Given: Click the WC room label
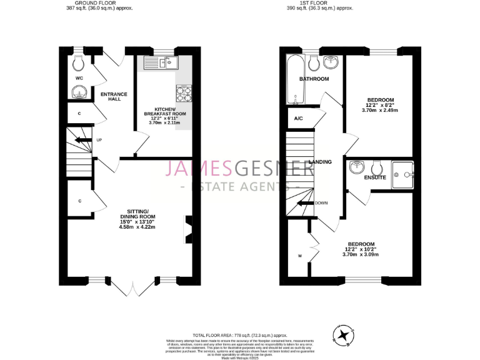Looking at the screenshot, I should [79, 78].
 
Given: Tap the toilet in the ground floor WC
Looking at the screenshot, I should [79, 62].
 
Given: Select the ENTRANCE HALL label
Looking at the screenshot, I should [114, 96].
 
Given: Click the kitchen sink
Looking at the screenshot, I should [160, 62].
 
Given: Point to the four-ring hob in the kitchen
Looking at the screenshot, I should [184, 94].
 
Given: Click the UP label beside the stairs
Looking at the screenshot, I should [99, 139].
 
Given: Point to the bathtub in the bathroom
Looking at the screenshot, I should [294, 80].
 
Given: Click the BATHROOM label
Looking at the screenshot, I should [314, 79].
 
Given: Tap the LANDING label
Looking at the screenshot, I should [329, 162].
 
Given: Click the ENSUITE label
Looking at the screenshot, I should [375, 178].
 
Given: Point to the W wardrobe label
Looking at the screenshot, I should [300, 256].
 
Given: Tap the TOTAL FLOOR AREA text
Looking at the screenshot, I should [239, 336].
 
